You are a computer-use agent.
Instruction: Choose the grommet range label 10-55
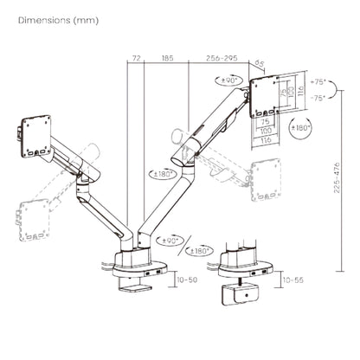coord(295,281)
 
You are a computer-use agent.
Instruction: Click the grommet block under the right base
coord(244,292)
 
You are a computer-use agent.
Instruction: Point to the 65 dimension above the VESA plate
coord(257,63)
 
